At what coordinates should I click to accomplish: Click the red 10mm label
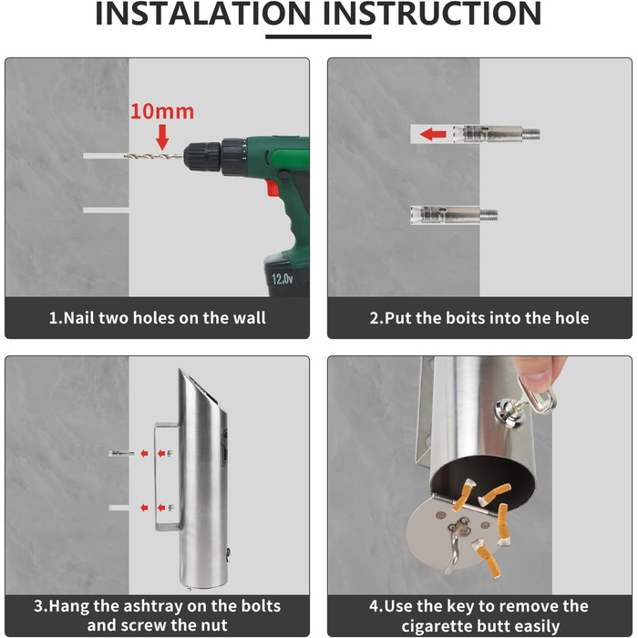point(162,111)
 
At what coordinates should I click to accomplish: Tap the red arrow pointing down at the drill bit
point(162,137)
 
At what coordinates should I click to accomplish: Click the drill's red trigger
point(273,188)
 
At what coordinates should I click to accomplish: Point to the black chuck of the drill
point(202,156)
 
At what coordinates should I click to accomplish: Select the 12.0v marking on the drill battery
point(282,279)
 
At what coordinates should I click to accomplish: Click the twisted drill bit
point(153,156)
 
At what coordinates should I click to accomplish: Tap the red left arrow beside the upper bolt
point(433,134)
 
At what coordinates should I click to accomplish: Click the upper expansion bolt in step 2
point(497,133)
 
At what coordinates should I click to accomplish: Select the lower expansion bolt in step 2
point(454,214)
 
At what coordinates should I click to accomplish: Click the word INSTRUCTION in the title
point(432,14)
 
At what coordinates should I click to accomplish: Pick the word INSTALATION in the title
point(203,14)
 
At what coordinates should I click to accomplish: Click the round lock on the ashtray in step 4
point(505,410)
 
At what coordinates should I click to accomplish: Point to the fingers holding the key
point(540,372)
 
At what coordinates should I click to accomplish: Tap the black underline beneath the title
point(318,36)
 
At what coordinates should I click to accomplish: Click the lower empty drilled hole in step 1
point(106,210)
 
